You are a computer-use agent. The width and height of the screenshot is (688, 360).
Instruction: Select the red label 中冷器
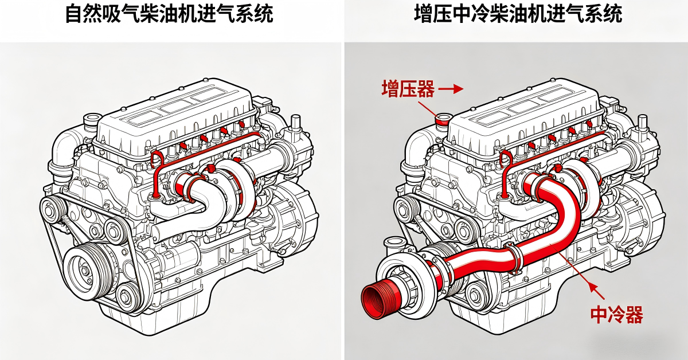click(616, 314)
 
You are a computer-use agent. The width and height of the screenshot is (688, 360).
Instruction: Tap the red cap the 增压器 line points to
click(443, 120)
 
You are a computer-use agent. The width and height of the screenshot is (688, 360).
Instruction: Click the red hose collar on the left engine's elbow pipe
click(184, 186)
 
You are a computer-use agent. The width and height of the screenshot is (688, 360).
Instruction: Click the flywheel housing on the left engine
click(292, 212)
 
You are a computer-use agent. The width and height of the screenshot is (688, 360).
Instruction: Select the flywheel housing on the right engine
click(642, 212)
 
